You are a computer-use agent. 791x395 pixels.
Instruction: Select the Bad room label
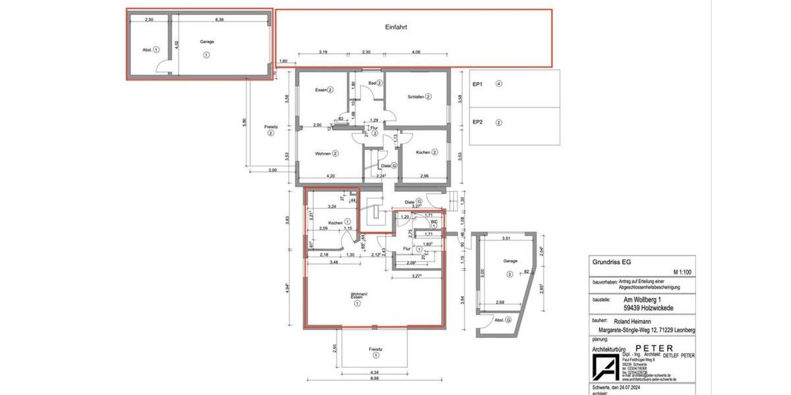tap(372, 83)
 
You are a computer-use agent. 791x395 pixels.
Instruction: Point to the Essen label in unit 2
tap(321, 90)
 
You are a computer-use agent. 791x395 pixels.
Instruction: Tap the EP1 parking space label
tap(478, 84)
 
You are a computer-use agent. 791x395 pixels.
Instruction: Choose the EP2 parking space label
tap(478, 122)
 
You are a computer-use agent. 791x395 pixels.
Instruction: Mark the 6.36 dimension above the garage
tap(219, 20)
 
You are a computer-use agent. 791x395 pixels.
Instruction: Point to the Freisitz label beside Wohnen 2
tap(270, 126)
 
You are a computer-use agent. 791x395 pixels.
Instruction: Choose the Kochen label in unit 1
tap(335, 223)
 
